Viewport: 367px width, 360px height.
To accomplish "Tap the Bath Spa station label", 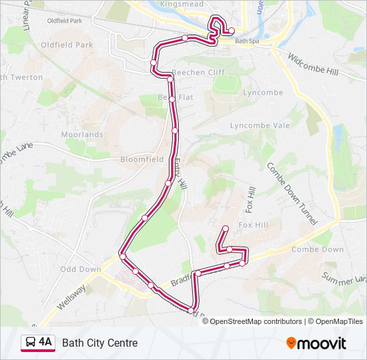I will click(246, 41).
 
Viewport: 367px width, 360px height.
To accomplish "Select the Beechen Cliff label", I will click(198, 72).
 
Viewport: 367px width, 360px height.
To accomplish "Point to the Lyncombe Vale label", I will click(260, 125).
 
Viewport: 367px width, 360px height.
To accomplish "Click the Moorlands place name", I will click(83, 135).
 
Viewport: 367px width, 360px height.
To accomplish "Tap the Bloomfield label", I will click(142, 160).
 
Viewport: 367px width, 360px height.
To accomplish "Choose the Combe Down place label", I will click(318, 249).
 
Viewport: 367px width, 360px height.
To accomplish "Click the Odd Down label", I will click(81, 269).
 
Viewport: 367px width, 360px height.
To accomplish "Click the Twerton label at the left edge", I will click(21, 77).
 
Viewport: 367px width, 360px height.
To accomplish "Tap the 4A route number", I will click(45, 343).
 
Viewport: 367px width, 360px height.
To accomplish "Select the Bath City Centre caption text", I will click(100, 343).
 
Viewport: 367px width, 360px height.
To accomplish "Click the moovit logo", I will click(316, 343).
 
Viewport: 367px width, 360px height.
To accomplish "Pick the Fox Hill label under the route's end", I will click(253, 225).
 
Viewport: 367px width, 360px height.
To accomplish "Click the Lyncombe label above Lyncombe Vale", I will click(263, 93).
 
